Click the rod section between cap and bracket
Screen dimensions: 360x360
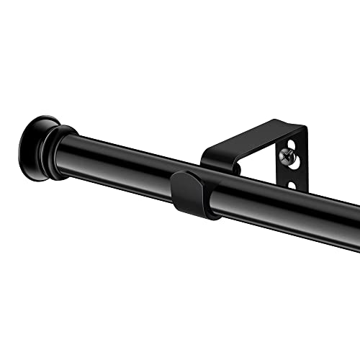[x=122, y=162]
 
